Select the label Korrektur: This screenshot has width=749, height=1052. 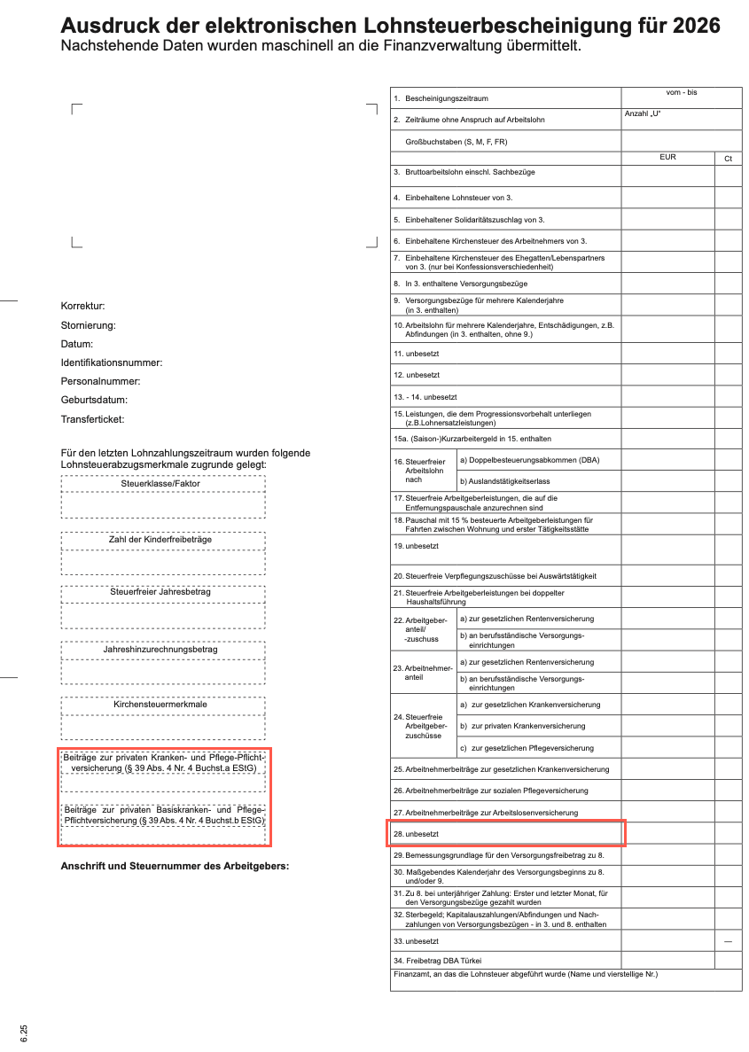point(82,306)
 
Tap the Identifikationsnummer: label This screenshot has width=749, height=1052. point(112,362)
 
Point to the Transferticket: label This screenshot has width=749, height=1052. point(92,419)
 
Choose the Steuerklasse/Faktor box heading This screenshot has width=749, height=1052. point(160,484)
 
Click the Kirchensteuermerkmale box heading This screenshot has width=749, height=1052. point(160,705)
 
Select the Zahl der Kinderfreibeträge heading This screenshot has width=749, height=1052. point(160,540)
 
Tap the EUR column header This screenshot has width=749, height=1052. point(667,158)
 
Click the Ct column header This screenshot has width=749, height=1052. point(728,159)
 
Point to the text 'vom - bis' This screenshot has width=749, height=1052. point(681,93)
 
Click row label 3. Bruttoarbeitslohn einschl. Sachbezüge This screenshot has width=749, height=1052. point(464,172)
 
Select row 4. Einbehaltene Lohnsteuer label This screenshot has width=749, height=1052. point(453,198)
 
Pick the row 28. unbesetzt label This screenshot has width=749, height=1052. point(416,834)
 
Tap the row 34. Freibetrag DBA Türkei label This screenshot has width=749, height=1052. point(438,961)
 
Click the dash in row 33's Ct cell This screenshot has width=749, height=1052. point(728,941)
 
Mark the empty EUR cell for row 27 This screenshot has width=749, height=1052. point(667,812)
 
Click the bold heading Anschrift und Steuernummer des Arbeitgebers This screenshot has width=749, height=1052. point(175,866)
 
